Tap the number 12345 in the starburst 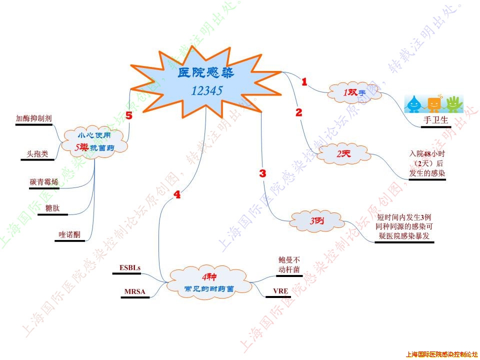click(x=206, y=90)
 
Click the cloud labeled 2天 click(x=344, y=154)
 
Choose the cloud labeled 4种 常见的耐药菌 click(x=209, y=282)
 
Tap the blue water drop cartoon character click(x=414, y=104)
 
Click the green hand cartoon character click(x=453, y=103)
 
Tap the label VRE click(x=279, y=291)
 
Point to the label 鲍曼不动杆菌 click(x=289, y=265)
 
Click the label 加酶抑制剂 click(x=34, y=118)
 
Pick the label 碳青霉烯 click(x=44, y=182)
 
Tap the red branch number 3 click(x=262, y=173)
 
